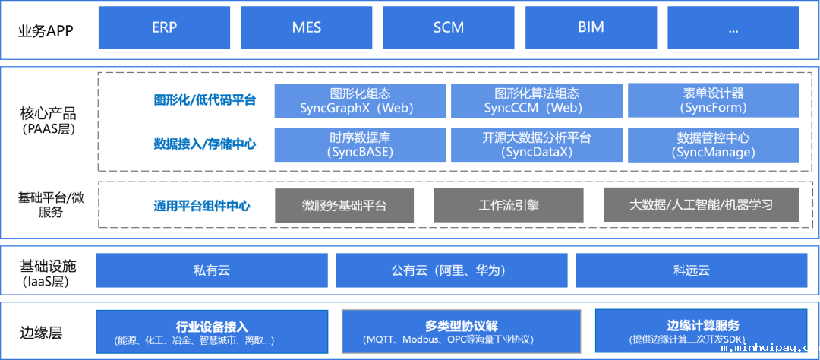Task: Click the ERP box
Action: [164, 27]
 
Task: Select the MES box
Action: [306, 27]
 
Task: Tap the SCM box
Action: [449, 27]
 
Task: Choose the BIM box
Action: [591, 27]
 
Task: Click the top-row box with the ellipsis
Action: [733, 27]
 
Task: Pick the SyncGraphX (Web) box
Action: [360, 100]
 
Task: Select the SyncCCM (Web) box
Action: [536, 100]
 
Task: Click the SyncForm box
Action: [713, 100]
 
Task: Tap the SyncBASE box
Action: [360, 144]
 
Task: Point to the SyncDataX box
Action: [536, 144]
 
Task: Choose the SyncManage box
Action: [713, 144]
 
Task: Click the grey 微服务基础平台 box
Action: [344, 205]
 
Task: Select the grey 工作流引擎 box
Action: [509, 205]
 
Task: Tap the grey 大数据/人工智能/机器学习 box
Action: [702, 205]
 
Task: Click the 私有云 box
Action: [211, 270]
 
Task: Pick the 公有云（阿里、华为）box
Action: [451, 270]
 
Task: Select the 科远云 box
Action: [691, 270]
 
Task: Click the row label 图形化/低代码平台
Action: [205, 100]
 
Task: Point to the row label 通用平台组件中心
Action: [202, 206]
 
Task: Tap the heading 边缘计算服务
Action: [702, 326]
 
